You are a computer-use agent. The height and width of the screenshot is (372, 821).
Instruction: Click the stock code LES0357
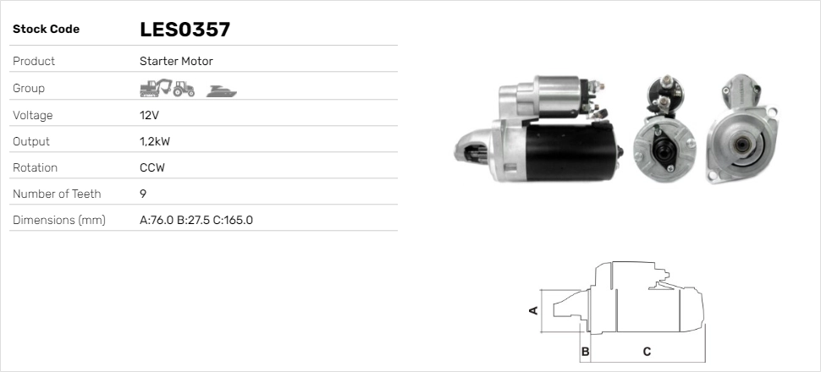[x=185, y=30]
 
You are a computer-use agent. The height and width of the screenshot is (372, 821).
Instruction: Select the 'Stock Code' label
[x=46, y=30]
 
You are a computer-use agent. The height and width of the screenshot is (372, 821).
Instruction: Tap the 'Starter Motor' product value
[x=176, y=61]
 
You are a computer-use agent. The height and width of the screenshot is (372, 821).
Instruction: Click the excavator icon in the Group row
[x=156, y=88]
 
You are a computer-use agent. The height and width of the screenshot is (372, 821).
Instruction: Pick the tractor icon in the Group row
[x=185, y=88]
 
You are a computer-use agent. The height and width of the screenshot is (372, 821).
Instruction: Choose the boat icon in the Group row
[x=222, y=90]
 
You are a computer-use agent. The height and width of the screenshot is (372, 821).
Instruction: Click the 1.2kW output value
[x=154, y=141]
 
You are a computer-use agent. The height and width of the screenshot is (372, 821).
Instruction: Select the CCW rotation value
[x=152, y=167]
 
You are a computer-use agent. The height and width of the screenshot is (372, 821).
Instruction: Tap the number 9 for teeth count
[x=143, y=194]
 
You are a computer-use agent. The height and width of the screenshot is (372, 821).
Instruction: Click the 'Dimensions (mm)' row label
[x=58, y=221]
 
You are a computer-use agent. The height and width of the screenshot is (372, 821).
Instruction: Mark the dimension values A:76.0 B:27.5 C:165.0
[x=196, y=221]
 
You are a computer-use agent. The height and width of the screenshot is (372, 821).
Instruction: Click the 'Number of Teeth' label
[x=57, y=194]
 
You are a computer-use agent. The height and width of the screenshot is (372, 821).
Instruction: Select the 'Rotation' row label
[x=35, y=167]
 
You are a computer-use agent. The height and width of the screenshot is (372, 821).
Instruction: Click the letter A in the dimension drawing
[x=533, y=310]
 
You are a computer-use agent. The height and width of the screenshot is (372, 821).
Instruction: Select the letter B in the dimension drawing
[x=585, y=351]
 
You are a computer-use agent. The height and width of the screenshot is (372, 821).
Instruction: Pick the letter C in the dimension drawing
[x=647, y=351]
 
